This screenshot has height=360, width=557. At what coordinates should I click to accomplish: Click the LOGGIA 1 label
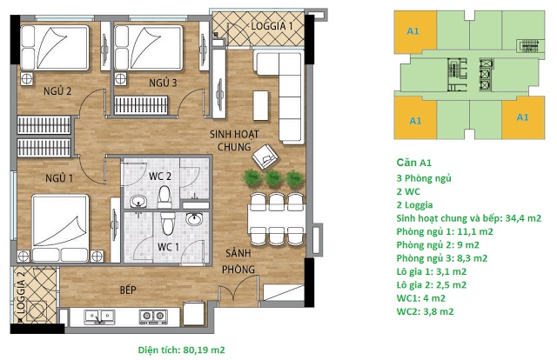(x=272, y=26)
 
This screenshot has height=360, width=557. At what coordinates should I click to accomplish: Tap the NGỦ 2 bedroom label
(x=57, y=91)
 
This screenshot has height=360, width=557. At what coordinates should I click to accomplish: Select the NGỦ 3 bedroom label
(x=163, y=83)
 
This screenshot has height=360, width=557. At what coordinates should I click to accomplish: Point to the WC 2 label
(x=160, y=177)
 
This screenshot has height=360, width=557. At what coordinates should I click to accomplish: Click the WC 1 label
(x=168, y=247)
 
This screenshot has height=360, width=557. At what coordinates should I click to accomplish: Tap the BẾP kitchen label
(x=128, y=290)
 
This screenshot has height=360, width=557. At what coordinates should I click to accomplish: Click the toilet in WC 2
(x=164, y=197)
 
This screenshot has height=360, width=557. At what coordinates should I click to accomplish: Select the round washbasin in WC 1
(x=194, y=219)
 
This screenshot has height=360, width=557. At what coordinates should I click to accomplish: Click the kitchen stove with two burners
(x=153, y=316)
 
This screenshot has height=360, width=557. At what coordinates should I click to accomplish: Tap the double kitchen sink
(x=99, y=316)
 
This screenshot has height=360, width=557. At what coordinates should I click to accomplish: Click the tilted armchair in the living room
(x=265, y=157)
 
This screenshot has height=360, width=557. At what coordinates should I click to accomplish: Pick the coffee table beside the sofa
(x=260, y=105)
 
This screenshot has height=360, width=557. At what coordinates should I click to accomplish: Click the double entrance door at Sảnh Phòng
(x=238, y=288)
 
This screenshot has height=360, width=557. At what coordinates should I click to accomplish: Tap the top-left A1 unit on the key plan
(x=415, y=32)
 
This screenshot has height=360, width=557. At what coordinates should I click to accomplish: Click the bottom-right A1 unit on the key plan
(x=523, y=117)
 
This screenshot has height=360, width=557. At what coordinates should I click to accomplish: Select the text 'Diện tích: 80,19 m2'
(x=182, y=350)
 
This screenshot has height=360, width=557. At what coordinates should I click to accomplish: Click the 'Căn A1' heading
(x=414, y=163)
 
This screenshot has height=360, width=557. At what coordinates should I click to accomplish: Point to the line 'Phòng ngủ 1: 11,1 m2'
(x=445, y=232)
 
